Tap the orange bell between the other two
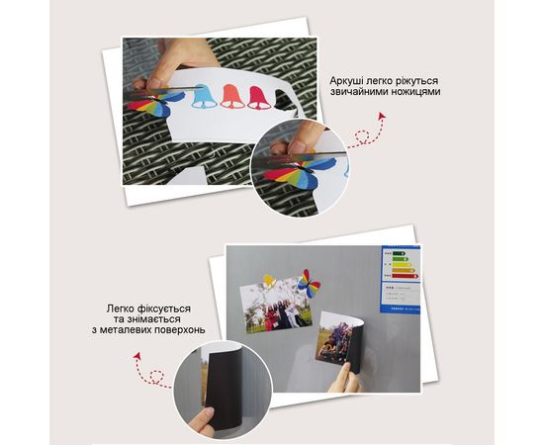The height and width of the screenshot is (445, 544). coord(232,96)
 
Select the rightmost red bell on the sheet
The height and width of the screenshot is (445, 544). coord(258,97)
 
